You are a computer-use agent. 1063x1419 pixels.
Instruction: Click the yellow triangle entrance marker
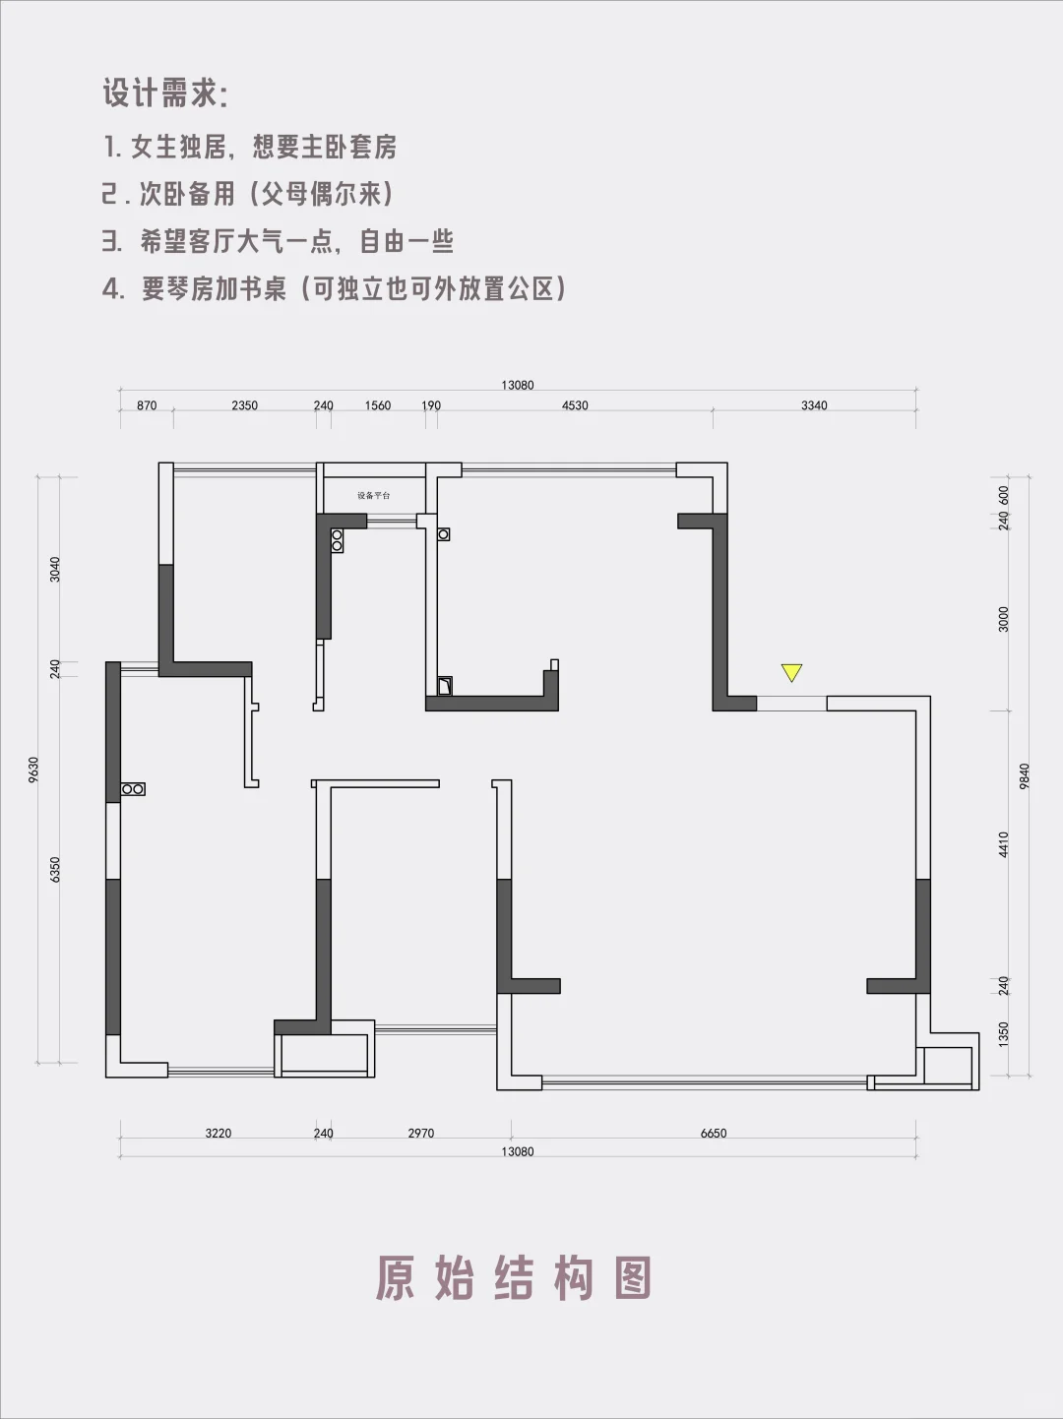[791, 673]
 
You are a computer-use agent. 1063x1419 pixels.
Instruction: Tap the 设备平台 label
[374, 495]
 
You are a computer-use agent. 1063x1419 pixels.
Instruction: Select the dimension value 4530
[575, 405]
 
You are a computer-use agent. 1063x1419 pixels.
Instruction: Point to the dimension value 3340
[814, 405]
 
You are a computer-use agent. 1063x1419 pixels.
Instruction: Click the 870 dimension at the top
[147, 405]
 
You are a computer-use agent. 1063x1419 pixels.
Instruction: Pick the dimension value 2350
[244, 405]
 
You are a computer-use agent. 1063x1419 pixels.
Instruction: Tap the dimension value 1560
[378, 405]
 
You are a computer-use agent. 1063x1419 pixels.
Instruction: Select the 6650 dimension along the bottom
[714, 1134]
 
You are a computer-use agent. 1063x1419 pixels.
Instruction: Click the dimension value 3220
[219, 1134]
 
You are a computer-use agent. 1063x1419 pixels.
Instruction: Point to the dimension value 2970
[421, 1134]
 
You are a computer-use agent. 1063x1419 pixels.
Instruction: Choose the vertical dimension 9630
[34, 770]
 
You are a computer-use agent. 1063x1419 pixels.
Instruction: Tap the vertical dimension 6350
[56, 869]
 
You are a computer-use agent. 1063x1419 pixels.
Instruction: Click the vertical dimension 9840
[1025, 776]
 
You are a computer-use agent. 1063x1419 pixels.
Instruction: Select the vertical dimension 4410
[1004, 844]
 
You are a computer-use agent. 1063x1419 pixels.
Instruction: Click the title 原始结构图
[514, 1278]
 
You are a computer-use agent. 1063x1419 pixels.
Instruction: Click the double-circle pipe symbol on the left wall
[133, 789]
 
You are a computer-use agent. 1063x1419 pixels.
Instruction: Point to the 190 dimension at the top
[431, 405]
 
